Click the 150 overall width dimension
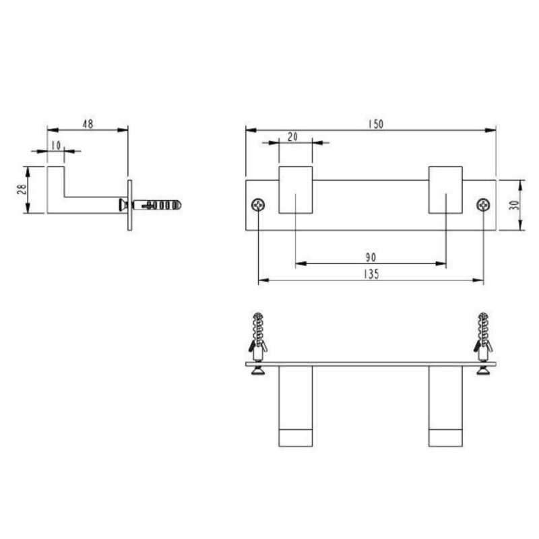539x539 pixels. (375, 123)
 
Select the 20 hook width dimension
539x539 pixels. (292, 136)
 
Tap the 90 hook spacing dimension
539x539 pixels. (371, 257)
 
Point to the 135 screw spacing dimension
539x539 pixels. (371, 274)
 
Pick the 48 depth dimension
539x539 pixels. (87, 123)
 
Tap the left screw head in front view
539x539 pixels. (259, 205)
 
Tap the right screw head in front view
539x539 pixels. (483, 205)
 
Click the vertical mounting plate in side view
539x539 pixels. (129, 204)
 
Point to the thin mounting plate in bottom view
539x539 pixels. (371, 364)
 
